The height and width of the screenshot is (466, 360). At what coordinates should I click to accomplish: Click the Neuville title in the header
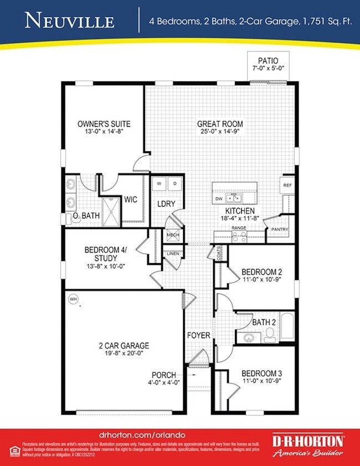click(x=70, y=21)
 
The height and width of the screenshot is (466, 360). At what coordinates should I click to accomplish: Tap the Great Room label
click(x=220, y=124)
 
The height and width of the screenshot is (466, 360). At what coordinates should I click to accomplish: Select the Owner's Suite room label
click(x=104, y=124)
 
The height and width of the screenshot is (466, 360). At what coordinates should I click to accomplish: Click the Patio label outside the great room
click(x=268, y=60)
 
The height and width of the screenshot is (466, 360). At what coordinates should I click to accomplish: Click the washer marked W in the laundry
click(x=159, y=183)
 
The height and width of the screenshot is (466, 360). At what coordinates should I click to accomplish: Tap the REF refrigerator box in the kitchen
click(x=287, y=186)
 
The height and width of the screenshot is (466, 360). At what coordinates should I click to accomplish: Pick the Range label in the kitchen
click(x=239, y=228)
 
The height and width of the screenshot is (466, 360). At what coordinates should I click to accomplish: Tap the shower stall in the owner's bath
click(x=110, y=211)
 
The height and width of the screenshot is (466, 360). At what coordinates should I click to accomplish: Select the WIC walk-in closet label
click(x=131, y=199)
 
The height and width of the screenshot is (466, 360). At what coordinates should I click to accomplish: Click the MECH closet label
click(x=173, y=235)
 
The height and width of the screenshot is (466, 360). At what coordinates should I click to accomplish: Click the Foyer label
click(x=198, y=335)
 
